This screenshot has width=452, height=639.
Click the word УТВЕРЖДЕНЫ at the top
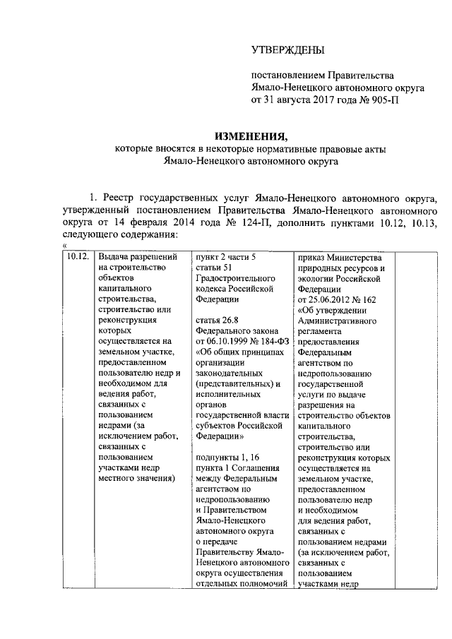288,50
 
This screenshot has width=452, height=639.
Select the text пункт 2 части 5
226,256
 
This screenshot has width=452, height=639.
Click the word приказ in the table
314,256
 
